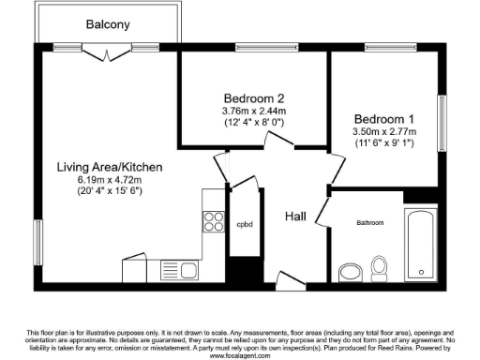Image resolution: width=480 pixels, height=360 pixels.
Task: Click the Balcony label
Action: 108,24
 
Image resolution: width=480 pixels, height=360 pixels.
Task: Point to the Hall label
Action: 296,217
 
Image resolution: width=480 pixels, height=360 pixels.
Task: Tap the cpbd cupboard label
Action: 245,225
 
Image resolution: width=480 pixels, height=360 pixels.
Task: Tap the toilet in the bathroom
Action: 381,266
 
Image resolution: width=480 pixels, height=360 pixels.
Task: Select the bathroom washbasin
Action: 351,273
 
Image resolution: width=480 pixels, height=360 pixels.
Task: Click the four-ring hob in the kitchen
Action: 214,221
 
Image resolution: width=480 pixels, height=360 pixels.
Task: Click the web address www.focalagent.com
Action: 240,356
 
